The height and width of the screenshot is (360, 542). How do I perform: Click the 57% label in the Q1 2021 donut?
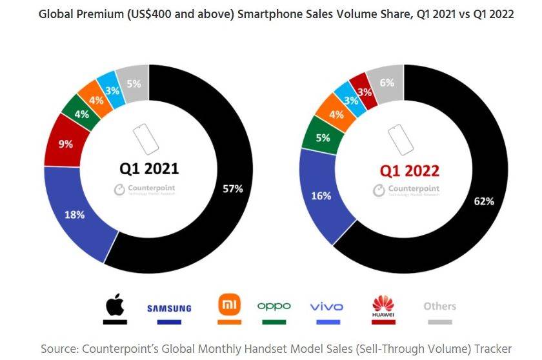[232, 188]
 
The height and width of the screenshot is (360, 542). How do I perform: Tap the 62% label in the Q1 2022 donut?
[483, 201]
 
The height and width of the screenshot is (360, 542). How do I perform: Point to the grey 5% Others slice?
[134, 83]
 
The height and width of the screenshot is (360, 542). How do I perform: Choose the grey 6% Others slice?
[388, 83]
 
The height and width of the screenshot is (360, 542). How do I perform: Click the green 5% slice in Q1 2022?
[323, 137]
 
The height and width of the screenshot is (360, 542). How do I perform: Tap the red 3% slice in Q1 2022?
[365, 92]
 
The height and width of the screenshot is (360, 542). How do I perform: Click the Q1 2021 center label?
[148, 169]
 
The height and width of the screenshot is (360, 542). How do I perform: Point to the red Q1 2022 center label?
[409, 170]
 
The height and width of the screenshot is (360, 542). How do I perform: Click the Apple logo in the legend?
[114, 305]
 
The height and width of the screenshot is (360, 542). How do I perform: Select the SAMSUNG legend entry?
[169, 308]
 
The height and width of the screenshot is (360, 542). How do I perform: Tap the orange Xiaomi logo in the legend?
[229, 305]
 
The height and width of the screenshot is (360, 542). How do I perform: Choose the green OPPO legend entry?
[274, 306]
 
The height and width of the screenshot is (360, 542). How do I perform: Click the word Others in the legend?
[439, 306]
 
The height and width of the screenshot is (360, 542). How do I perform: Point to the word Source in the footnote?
[60, 348]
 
